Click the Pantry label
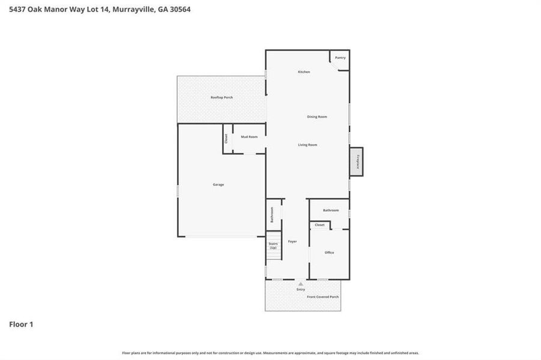point(340,58)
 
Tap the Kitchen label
point(304,72)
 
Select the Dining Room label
point(317,117)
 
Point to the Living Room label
point(307,145)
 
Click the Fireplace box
point(357,162)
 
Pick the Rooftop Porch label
point(222,97)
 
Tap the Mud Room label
point(249,137)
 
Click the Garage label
point(218,184)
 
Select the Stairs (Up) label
point(273,245)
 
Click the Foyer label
point(292,241)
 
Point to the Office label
point(329,253)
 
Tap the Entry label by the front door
point(301,289)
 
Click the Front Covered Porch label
point(323,297)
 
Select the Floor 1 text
point(21,325)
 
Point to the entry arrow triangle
point(301,283)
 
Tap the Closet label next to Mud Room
point(226,139)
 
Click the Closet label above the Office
point(319,225)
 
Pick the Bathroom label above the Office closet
point(331,211)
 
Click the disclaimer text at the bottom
point(270,353)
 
